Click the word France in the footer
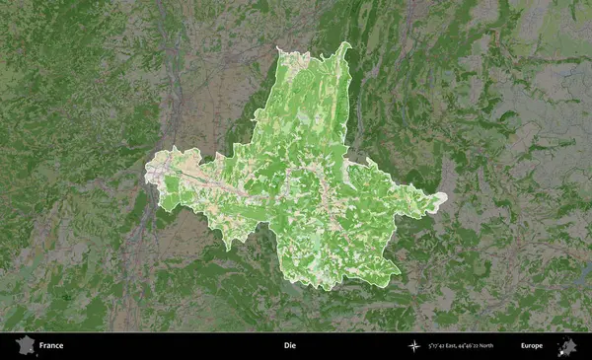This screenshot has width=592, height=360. [51, 346]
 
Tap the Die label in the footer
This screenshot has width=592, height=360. [289, 346]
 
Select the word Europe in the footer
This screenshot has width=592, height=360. [532, 346]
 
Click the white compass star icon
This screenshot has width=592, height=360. [413, 346]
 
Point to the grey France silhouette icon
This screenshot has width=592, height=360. [23, 345]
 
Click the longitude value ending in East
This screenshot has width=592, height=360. [444, 346]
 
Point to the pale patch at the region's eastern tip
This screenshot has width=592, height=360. [439, 199]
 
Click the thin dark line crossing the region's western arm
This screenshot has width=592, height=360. [197, 176]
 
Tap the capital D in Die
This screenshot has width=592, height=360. [285, 346]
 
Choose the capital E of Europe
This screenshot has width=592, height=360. [523, 346]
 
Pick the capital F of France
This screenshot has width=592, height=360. [42, 346]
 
